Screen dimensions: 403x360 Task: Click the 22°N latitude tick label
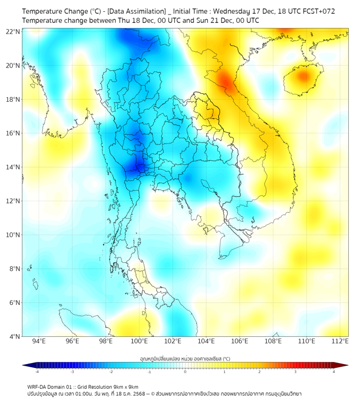click(x=13, y=31)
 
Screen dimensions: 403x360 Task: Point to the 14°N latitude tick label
click(x=13, y=167)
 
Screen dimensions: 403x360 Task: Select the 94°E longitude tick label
click(x=39, y=342)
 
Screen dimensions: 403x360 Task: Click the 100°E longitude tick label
click(x=140, y=342)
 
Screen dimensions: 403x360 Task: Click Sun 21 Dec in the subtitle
click(x=206, y=20)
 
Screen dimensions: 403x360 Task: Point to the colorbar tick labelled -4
click(x=37, y=372)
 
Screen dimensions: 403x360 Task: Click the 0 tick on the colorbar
click(x=185, y=372)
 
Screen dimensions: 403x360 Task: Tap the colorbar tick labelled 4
click(x=334, y=372)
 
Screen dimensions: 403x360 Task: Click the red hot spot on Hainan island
click(x=303, y=76)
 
